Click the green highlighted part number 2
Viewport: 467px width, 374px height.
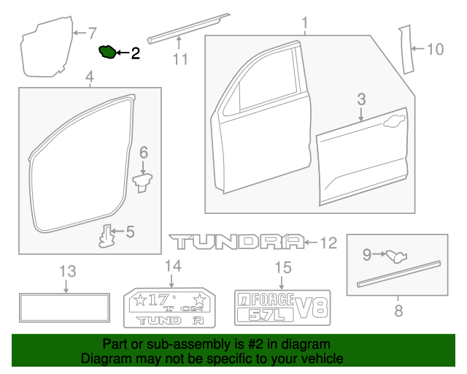107,52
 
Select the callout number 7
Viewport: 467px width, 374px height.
91,32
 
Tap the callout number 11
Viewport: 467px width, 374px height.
180,58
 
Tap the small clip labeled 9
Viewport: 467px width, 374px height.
396,255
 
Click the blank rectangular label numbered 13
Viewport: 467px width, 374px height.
65,307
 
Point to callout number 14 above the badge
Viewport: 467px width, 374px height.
171,265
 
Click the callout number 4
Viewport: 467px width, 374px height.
89,77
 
